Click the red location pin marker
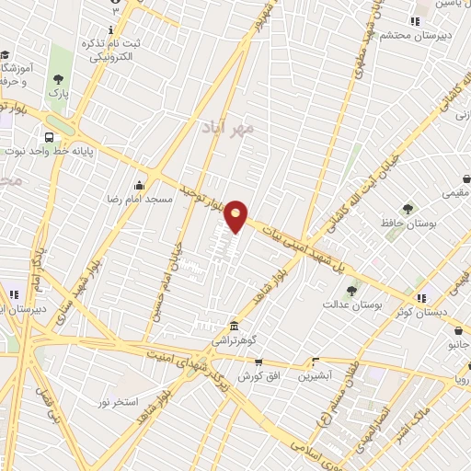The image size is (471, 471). point(236,215)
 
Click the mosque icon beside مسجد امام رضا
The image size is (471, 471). point(140,185)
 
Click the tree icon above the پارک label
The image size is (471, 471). point(59,79)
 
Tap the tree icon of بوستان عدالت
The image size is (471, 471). point(350,291)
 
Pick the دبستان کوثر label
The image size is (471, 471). point(392,312)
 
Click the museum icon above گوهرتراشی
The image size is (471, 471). point(235,327)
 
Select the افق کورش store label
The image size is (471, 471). point(233,377)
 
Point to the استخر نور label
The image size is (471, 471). point(118,403)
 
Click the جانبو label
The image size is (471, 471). point(459,344)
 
